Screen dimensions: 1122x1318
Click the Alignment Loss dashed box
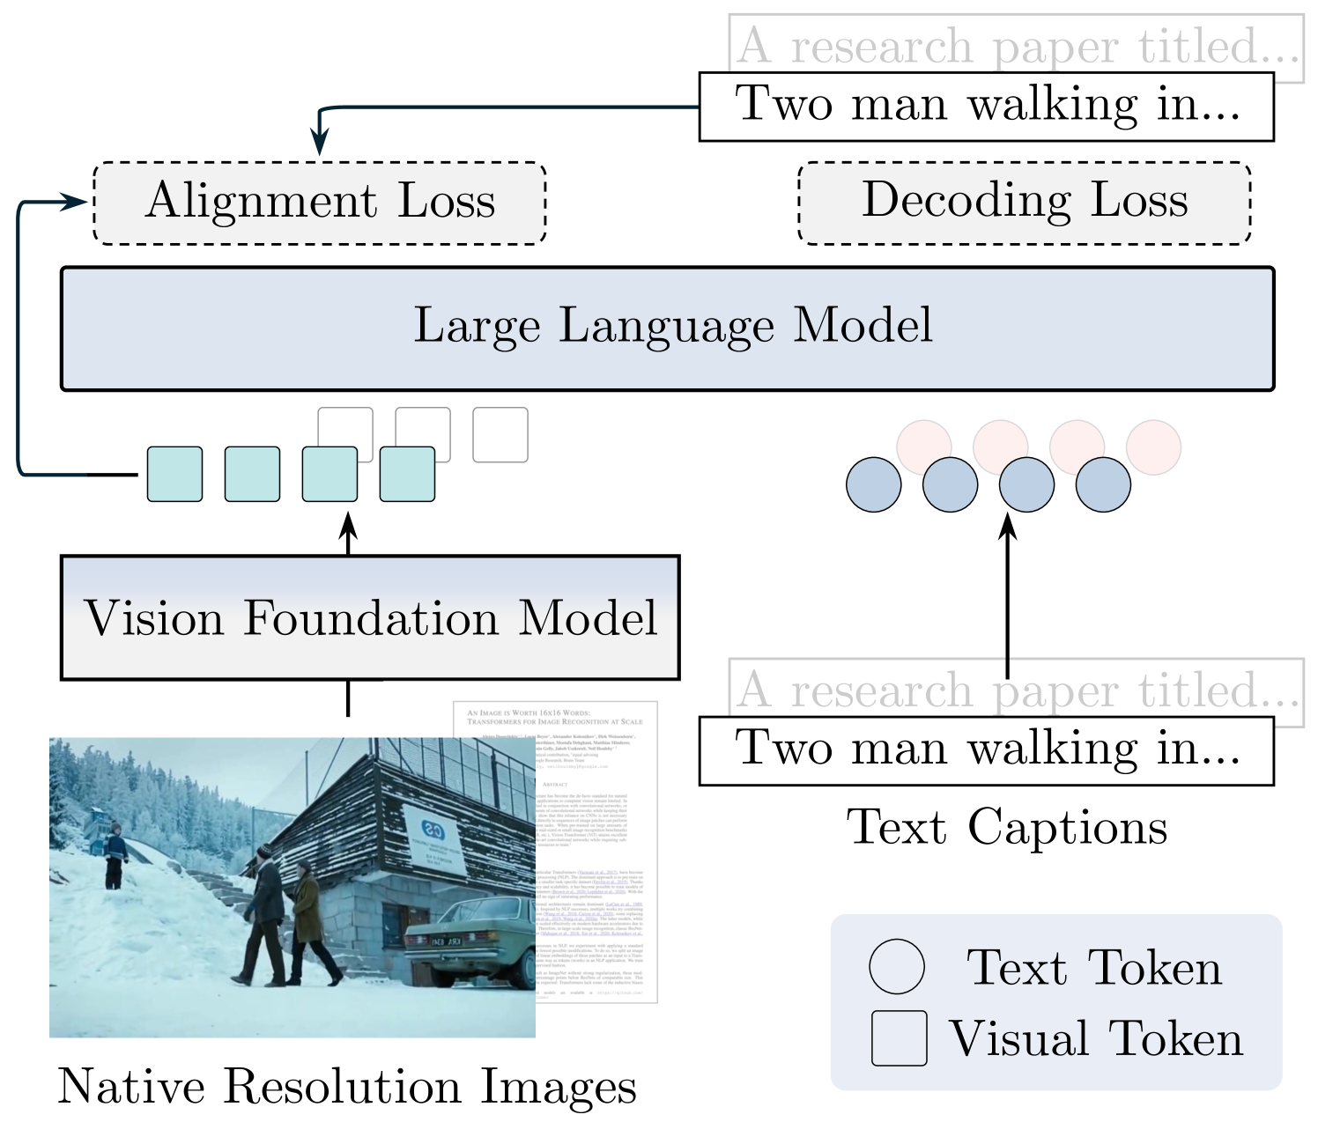pyautogui.click(x=319, y=203)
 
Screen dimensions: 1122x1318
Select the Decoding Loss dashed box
pyautogui.click(x=1024, y=203)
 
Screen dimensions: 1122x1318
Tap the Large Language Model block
pyautogui.click(x=667, y=328)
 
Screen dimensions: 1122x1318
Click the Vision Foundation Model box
pyautogui.click(x=370, y=617)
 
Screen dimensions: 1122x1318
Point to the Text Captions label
pyautogui.click(x=1007, y=828)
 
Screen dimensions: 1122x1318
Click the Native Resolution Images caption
pyautogui.click(x=346, y=1086)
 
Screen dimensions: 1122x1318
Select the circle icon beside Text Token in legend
pyautogui.click(x=897, y=967)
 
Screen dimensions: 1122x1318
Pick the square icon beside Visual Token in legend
pyautogui.click(x=899, y=1038)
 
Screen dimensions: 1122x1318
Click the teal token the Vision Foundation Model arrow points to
pyautogui.click(x=329, y=474)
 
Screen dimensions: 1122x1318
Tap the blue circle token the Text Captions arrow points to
pyautogui.click(x=1026, y=484)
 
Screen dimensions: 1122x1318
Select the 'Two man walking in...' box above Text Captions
pyautogui.click(x=986, y=750)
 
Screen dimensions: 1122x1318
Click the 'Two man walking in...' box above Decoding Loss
pyautogui.click(x=986, y=106)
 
